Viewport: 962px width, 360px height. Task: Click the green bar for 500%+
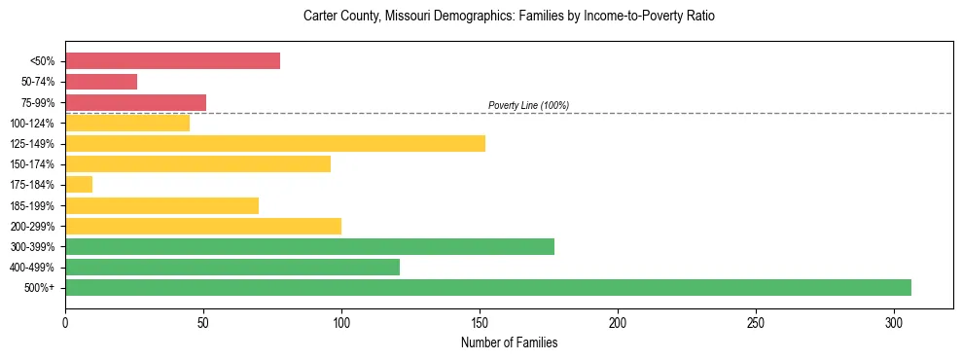[x=487, y=287]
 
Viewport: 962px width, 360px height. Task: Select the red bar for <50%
[x=172, y=61]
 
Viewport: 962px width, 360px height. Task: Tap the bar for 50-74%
[x=101, y=82]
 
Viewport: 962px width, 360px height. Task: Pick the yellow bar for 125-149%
[x=275, y=144]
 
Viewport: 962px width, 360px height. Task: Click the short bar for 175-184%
[x=79, y=185]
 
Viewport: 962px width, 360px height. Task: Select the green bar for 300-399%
[x=309, y=246]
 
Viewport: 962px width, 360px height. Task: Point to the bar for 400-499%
[x=232, y=267]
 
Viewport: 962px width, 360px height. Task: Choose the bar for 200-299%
[x=203, y=226]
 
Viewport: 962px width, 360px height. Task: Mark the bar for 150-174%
[x=197, y=164]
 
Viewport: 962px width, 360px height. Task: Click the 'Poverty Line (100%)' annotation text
[x=528, y=105]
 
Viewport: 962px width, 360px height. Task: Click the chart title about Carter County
[x=509, y=17]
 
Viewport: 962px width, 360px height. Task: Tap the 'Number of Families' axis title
[x=509, y=342]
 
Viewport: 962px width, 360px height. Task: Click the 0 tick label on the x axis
[x=65, y=322]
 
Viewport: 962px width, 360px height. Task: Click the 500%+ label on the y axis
[x=45, y=288]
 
